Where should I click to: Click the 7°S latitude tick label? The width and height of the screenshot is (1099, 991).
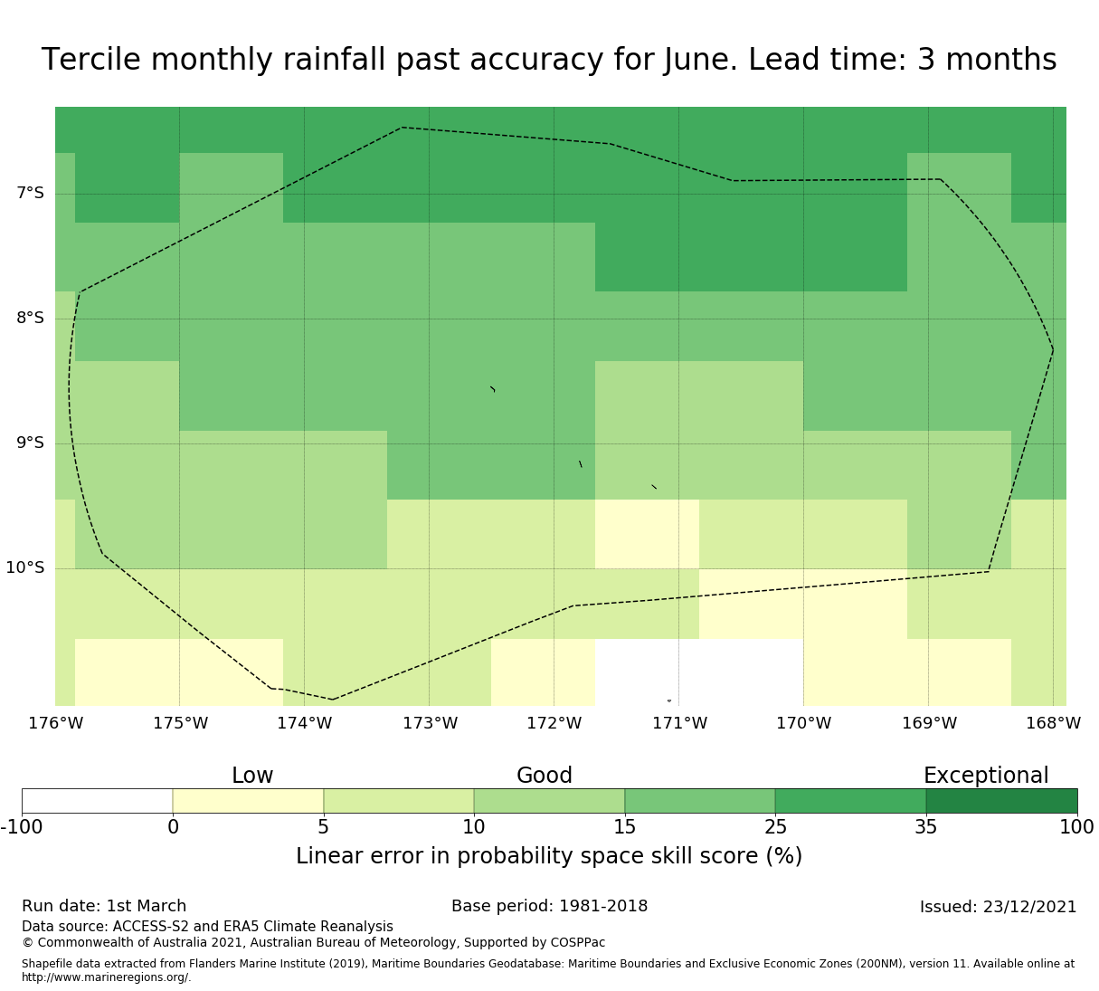[x=30, y=194]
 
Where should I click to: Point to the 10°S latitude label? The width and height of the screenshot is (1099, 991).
[x=24, y=567]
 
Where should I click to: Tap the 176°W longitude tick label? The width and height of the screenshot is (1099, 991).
[x=55, y=723]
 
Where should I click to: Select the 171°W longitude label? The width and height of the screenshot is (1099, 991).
[x=679, y=723]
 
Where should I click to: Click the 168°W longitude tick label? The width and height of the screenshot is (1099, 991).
[x=1053, y=723]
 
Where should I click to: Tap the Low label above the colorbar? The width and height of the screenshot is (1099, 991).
[x=252, y=776]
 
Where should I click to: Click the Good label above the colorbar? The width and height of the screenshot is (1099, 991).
[x=544, y=776]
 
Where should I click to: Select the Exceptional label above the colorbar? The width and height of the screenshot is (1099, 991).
[x=986, y=776]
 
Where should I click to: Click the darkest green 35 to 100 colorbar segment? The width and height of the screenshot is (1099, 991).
[x=1001, y=801]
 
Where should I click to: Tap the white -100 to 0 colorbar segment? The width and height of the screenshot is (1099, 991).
[x=98, y=801]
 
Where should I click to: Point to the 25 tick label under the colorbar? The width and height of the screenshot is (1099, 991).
[x=775, y=826]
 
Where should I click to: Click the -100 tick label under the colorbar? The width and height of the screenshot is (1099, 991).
[x=22, y=826]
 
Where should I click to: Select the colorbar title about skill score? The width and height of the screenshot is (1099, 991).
[x=549, y=856]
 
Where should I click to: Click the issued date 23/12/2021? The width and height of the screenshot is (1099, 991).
[x=1030, y=907]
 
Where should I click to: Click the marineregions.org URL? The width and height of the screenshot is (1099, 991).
[x=107, y=977]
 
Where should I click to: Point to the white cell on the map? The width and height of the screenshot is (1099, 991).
[x=699, y=672]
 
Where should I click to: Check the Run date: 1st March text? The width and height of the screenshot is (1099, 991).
[x=104, y=906]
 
